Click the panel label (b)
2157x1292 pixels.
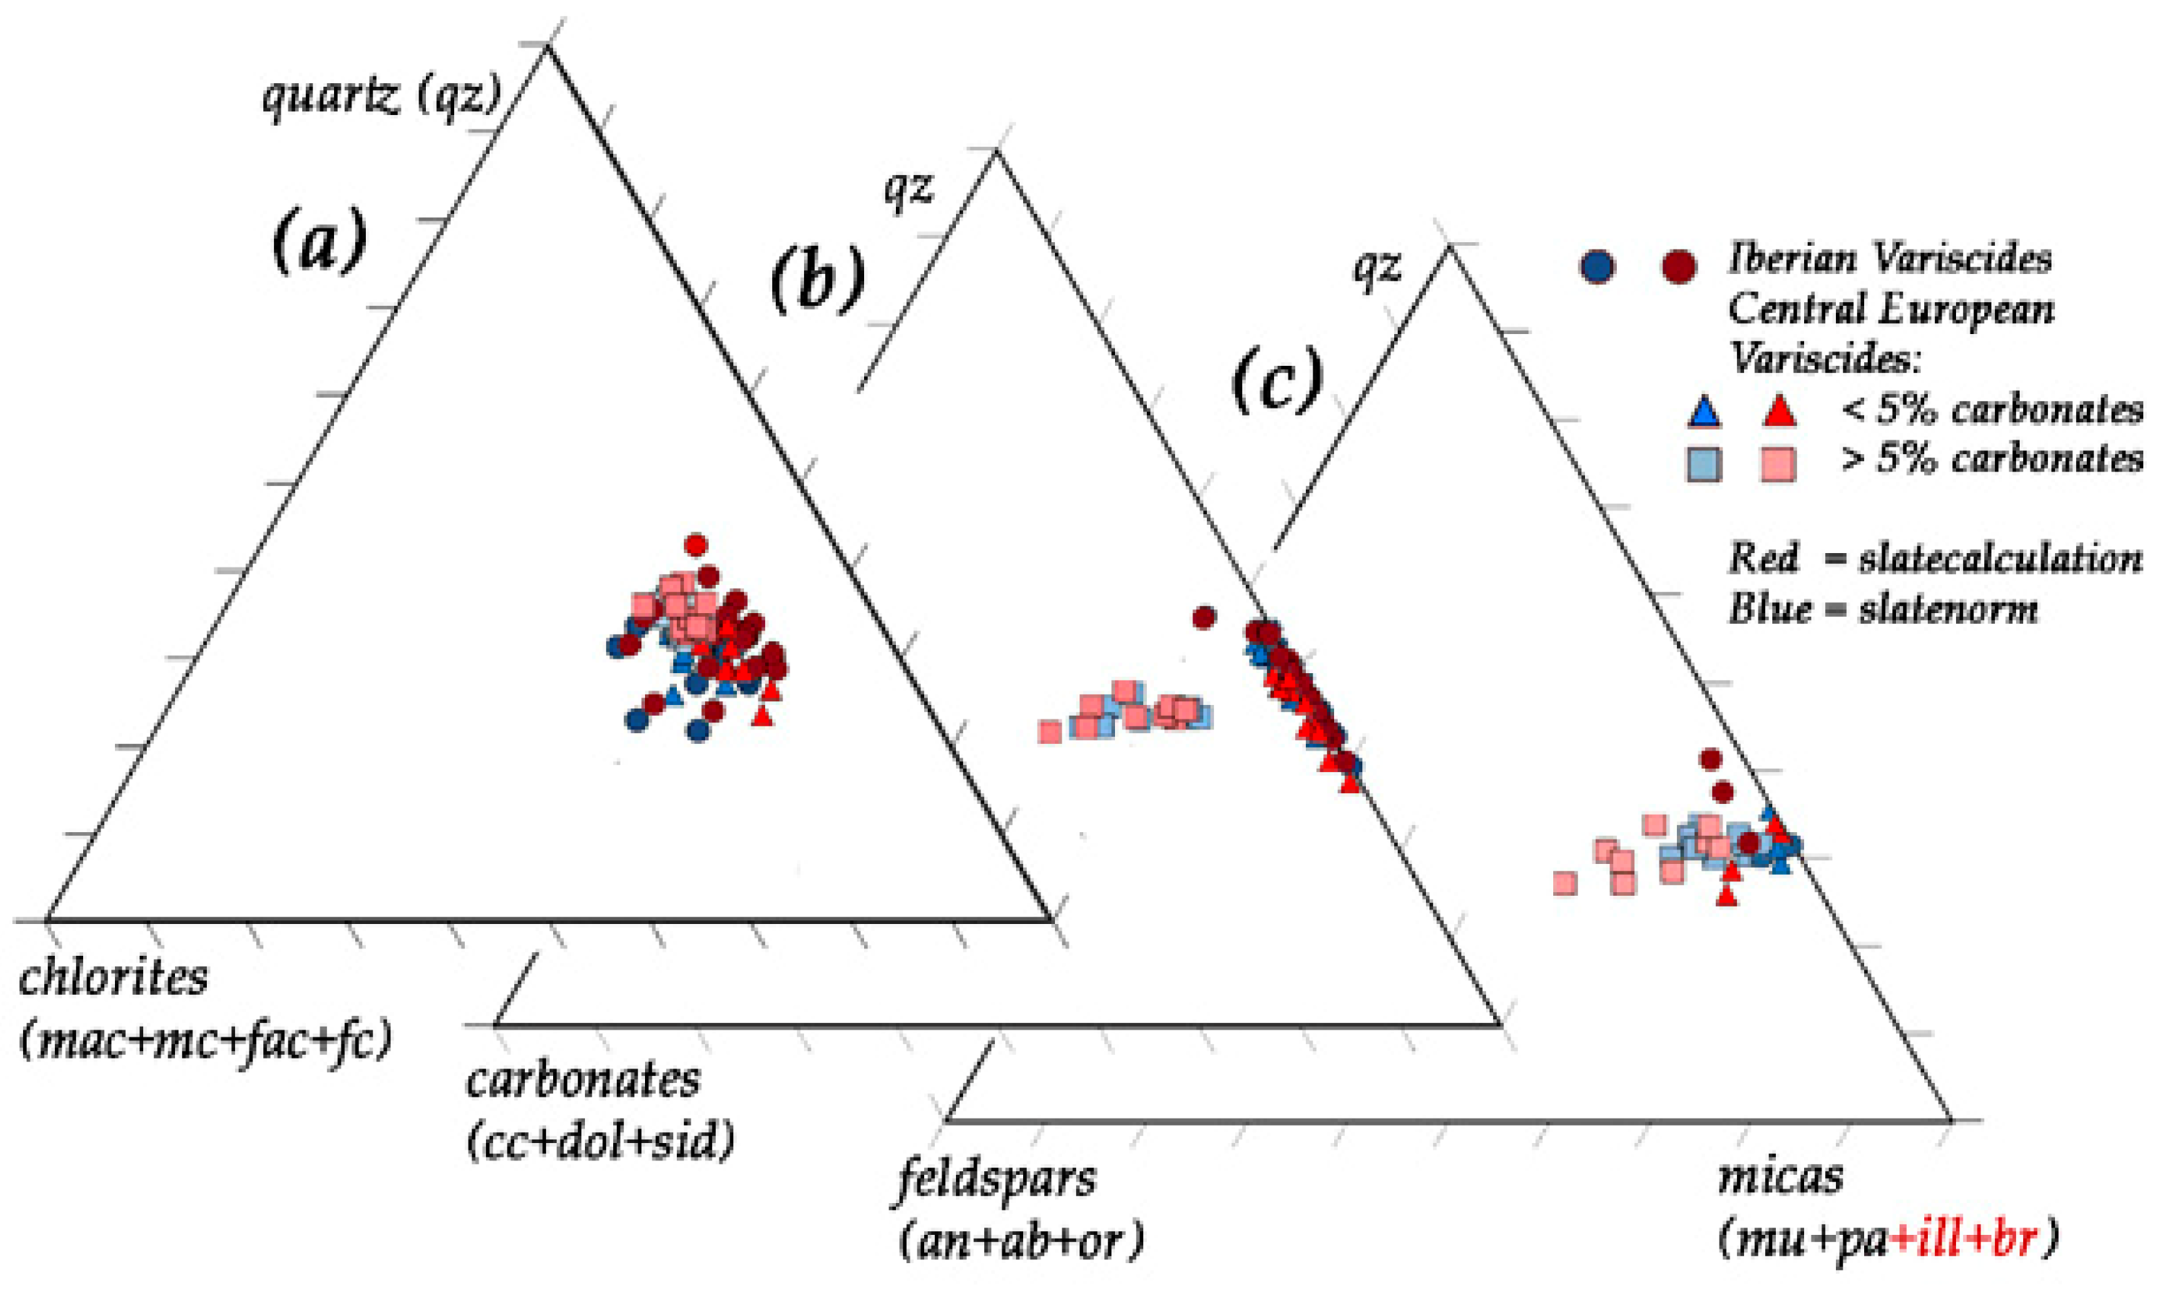(x=816, y=278)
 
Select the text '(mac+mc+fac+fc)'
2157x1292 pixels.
(x=205, y=1040)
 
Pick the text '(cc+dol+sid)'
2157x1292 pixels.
(x=601, y=1140)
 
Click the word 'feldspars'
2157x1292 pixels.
(x=996, y=1181)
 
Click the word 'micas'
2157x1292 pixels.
(x=1780, y=1177)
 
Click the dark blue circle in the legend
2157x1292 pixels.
(x=1597, y=265)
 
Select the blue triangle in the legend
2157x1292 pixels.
(x=1704, y=411)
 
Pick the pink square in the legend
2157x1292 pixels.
(x=1777, y=463)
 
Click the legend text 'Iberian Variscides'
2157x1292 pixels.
(x=1889, y=260)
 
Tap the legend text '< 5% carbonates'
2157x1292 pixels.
(x=1991, y=409)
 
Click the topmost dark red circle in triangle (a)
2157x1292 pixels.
(x=696, y=545)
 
